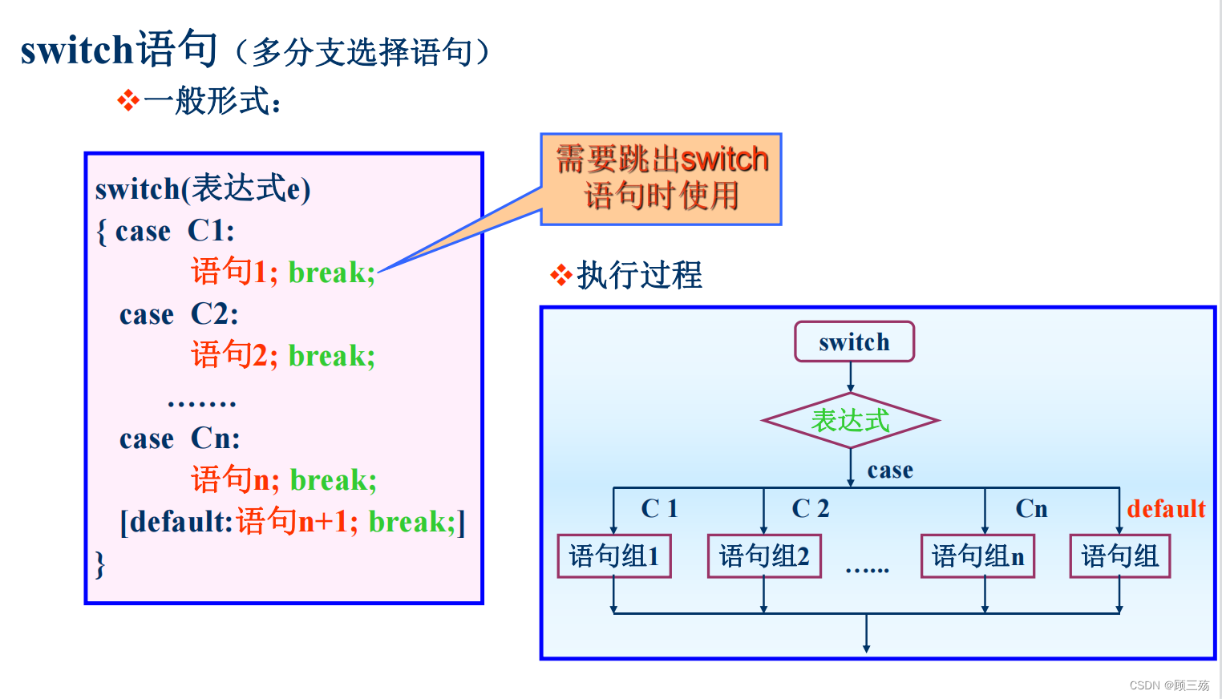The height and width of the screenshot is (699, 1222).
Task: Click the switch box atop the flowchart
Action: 854,342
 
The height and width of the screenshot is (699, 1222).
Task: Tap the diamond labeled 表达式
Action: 850,420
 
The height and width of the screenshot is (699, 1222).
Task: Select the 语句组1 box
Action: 614,556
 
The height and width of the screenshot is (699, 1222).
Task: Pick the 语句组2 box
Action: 764,556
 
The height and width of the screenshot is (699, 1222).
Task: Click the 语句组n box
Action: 977,556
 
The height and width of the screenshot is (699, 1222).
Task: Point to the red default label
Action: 1166,509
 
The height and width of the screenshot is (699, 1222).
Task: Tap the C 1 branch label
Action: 659,508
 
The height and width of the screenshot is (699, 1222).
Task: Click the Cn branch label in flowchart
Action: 1031,509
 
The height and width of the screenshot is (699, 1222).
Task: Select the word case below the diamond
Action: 890,471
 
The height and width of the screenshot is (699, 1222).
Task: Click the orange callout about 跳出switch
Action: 662,179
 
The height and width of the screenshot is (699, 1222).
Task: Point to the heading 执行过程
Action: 639,276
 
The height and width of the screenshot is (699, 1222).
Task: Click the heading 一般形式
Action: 212,102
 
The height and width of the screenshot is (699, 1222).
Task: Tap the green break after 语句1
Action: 331,273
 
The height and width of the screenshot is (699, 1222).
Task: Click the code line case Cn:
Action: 180,438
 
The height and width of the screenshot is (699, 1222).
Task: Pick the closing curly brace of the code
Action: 100,564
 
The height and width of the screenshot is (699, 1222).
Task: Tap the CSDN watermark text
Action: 1169,685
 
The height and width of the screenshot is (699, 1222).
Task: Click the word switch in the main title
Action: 76,51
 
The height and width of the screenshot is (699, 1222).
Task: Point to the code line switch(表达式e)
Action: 203,189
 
